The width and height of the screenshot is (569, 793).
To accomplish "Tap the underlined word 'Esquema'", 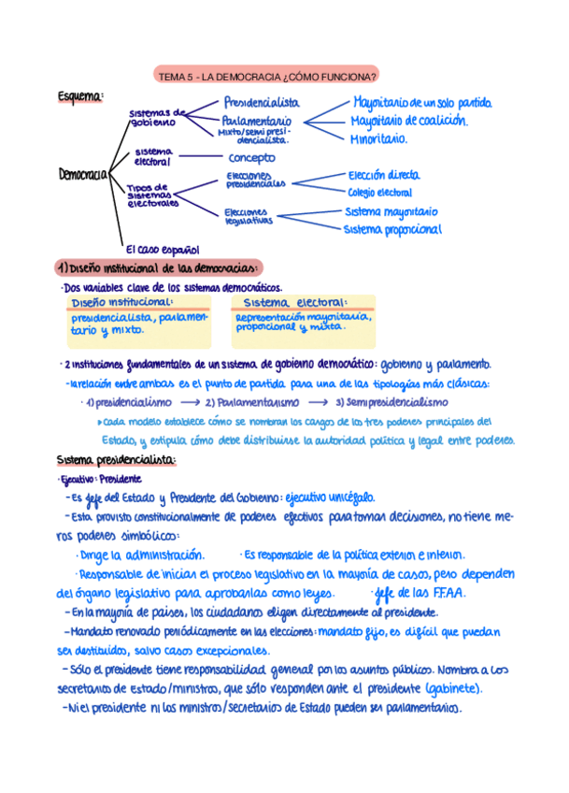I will pos(79,96).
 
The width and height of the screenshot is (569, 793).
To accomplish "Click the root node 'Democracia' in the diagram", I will pos(82,174).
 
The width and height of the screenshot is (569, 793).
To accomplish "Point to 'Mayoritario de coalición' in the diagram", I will pos(408,121).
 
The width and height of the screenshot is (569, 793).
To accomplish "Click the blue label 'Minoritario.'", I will pos(378,138).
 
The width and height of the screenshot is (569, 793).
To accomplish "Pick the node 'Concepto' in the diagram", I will pos(251,158).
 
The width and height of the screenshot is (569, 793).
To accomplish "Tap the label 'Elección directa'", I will pos(383,175).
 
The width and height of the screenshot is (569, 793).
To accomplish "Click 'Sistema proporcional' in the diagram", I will pos(392,229).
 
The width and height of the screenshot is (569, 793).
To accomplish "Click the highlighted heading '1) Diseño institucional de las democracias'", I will pos(158,267).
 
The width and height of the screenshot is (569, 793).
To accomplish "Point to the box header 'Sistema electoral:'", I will pos(294,303).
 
